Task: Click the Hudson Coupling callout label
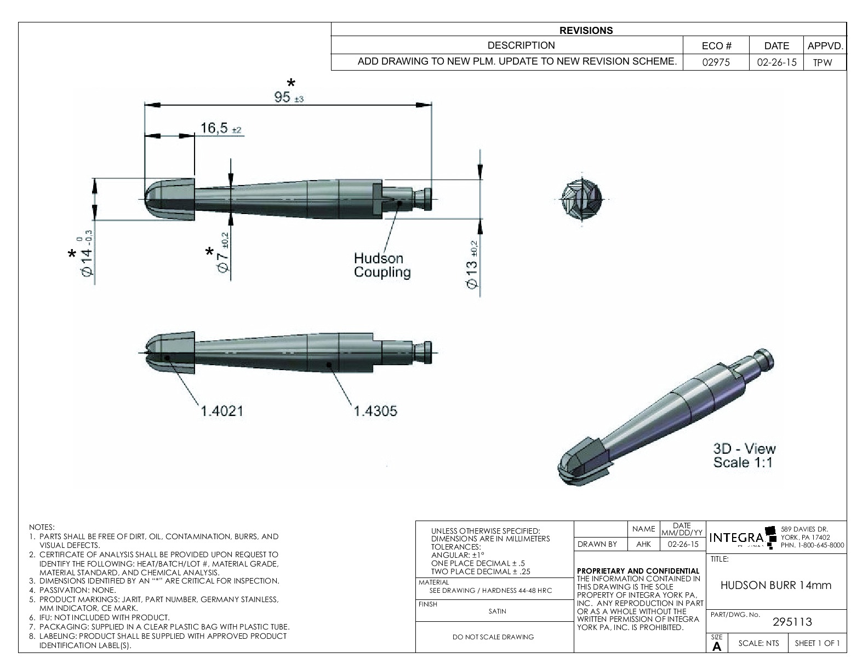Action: tap(382, 265)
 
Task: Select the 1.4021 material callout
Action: tap(221, 411)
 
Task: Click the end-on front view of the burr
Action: tap(582, 199)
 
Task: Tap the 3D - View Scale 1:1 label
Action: tap(744, 455)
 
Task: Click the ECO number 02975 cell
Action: tap(716, 62)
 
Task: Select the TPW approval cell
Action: tap(823, 62)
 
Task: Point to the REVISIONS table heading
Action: tap(586, 31)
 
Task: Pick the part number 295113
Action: tap(792, 622)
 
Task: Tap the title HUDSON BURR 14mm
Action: tap(775, 585)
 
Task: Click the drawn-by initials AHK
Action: tap(643, 544)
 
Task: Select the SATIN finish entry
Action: tap(497, 611)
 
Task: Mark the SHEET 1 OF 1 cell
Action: tap(817, 643)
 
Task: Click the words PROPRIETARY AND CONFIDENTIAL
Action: tap(638, 571)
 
